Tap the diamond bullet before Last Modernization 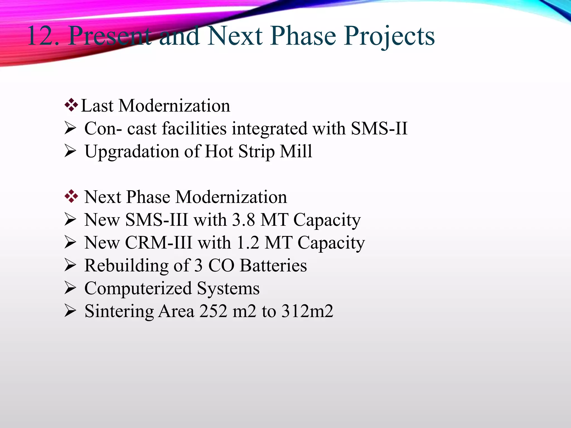(71, 105)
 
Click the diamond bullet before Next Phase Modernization (71, 196)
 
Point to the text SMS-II (379, 128)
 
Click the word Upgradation (132, 152)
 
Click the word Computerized (138, 288)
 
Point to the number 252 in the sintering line (213, 311)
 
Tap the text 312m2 (307, 311)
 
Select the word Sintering (119, 312)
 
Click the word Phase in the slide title (303, 36)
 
